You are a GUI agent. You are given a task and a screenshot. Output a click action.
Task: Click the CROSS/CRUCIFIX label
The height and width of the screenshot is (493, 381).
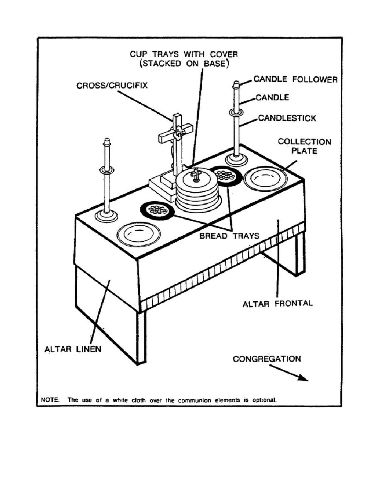[x=112, y=86]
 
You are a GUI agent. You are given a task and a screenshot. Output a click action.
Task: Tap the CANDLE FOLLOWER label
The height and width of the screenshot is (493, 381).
[x=296, y=79]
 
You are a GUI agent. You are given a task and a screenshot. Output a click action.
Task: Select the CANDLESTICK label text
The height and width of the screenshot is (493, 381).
[x=287, y=118]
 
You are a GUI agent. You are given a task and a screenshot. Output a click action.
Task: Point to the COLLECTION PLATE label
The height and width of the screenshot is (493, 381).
[x=305, y=146]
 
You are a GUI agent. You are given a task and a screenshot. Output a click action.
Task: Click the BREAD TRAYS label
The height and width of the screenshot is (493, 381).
[x=229, y=236]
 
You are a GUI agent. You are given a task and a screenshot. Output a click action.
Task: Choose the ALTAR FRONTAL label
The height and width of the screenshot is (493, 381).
[x=278, y=303]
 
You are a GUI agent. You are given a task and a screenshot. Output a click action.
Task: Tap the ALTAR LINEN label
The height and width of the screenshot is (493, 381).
[x=73, y=349]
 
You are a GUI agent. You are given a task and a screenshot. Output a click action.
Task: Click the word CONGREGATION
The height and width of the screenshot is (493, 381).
[x=267, y=359]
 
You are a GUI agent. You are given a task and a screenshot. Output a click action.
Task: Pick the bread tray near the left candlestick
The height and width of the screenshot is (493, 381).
[x=156, y=210]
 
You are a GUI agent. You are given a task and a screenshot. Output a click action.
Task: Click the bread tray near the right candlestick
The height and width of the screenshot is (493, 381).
[x=226, y=175]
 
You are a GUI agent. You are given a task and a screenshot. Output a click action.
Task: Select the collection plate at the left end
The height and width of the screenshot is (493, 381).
[x=139, y=234]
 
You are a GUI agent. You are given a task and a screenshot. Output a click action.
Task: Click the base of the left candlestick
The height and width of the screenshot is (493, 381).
[x=107, y=215]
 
